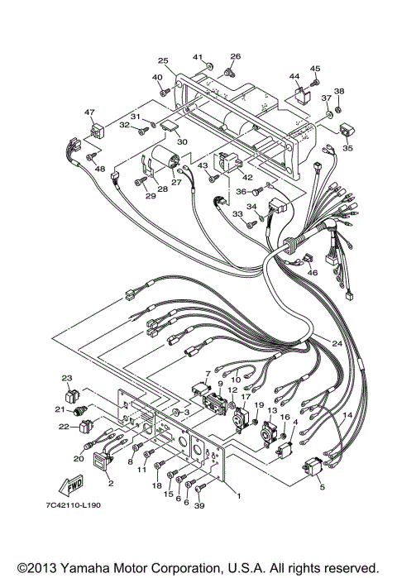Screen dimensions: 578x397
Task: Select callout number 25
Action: [x=163, y=61]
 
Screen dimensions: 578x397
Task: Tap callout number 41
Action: [x=198, y=56]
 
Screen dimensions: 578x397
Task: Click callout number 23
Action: [x=68, y=379]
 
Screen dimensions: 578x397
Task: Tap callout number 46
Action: [x=312, y=272]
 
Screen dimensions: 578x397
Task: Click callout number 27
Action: [x=175, y=182]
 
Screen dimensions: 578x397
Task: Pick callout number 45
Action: [x=314, y=68]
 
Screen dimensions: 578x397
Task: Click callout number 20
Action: [x=79, y=457]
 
